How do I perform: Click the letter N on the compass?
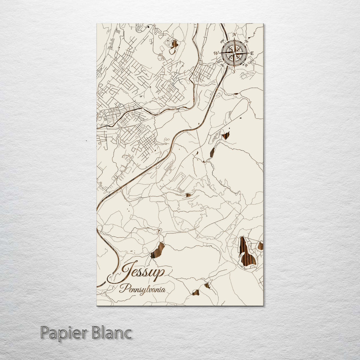pos(234,35)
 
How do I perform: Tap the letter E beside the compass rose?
pos(252,53)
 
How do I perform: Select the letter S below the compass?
pos(234,71)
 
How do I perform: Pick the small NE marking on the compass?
pos(247,41)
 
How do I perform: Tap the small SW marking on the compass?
pos(222,65)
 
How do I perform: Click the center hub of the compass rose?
pos(234,53)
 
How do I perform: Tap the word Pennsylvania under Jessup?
pos(142,289)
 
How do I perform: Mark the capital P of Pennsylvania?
pos(122,289)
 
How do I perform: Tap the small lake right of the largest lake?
pos(260,246)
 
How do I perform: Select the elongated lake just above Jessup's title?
pos(158,251)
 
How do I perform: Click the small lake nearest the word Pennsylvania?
pos(196,292)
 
